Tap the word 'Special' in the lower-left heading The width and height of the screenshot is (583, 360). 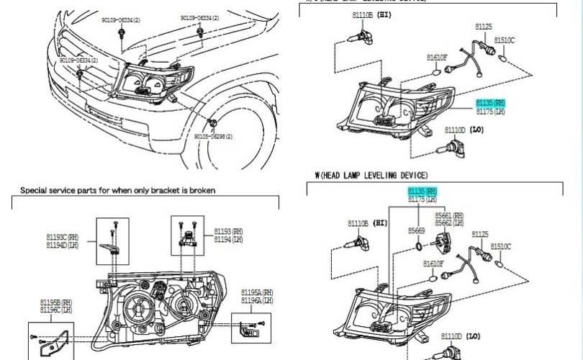[35, 190]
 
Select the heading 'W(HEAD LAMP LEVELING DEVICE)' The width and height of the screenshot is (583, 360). [371, 175]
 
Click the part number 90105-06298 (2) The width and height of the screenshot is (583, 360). [213, 135]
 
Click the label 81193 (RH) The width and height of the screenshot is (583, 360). [228, 231]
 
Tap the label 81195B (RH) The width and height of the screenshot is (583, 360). [56, 302]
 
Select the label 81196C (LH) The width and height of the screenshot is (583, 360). [56, 310]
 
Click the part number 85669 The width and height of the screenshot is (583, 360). [417, 230]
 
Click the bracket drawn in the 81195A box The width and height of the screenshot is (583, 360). [250, 330]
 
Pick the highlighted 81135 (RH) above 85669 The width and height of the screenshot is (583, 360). [422, 191]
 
